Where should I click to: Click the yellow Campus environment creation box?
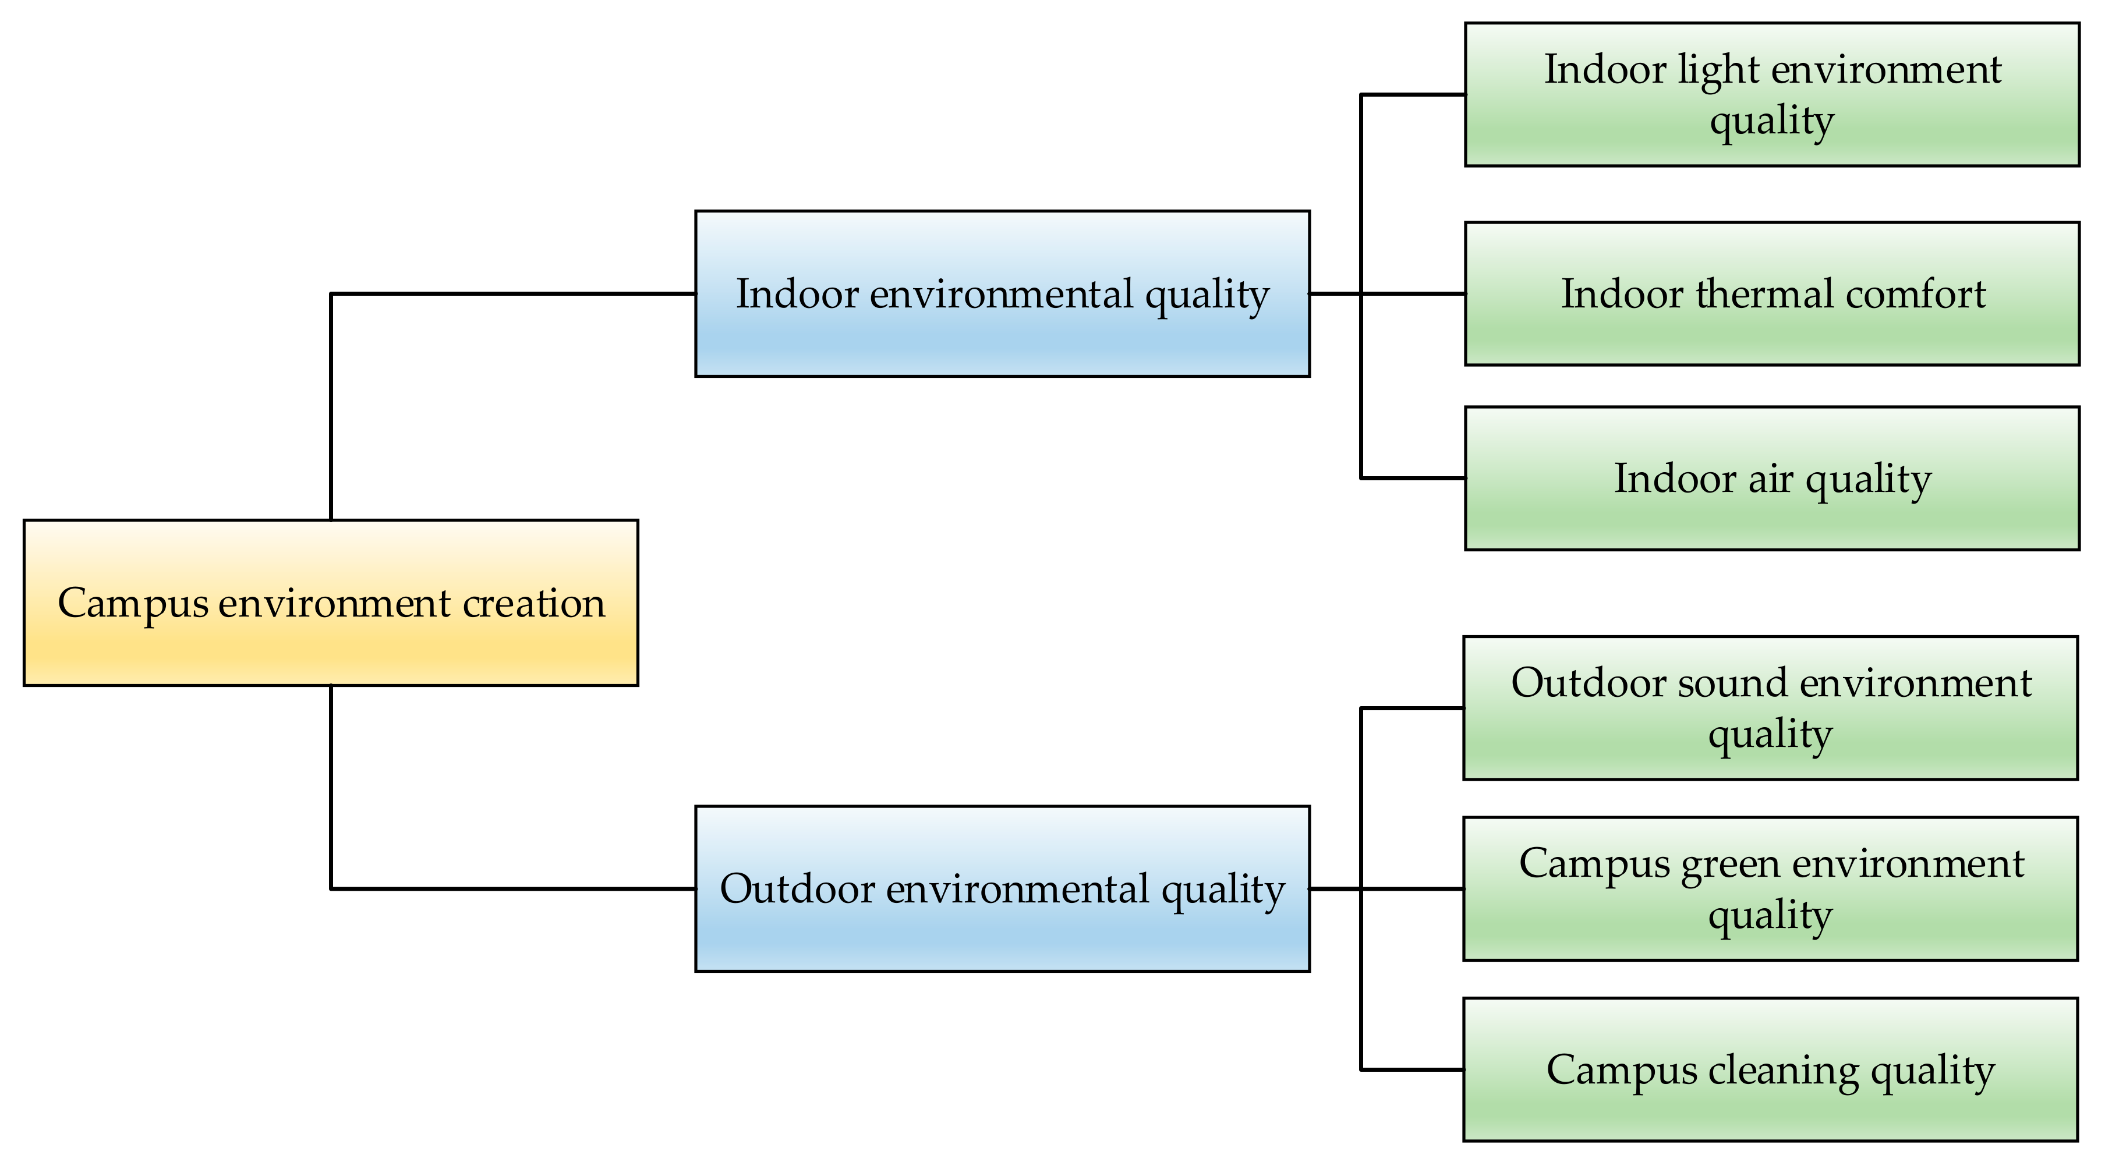point(330,602)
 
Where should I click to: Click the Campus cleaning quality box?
point(1770,1069)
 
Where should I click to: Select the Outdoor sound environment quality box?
point(1770,708)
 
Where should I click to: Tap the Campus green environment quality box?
point(1770,888)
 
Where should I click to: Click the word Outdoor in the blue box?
point(797,888)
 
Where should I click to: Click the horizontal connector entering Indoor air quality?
point(1413,478)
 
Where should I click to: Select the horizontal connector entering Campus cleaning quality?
point(1412,1069)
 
